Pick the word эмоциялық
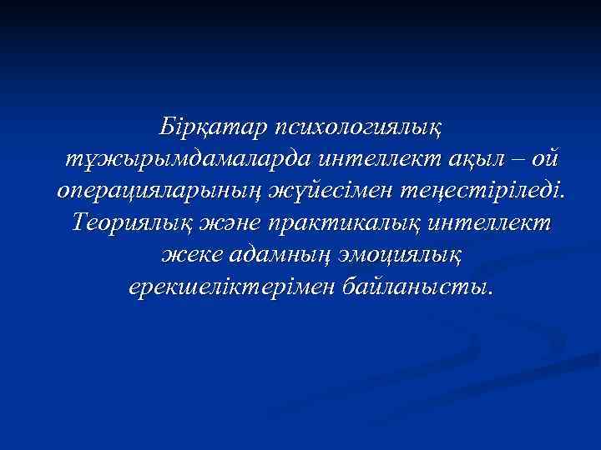click(403, 255)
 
